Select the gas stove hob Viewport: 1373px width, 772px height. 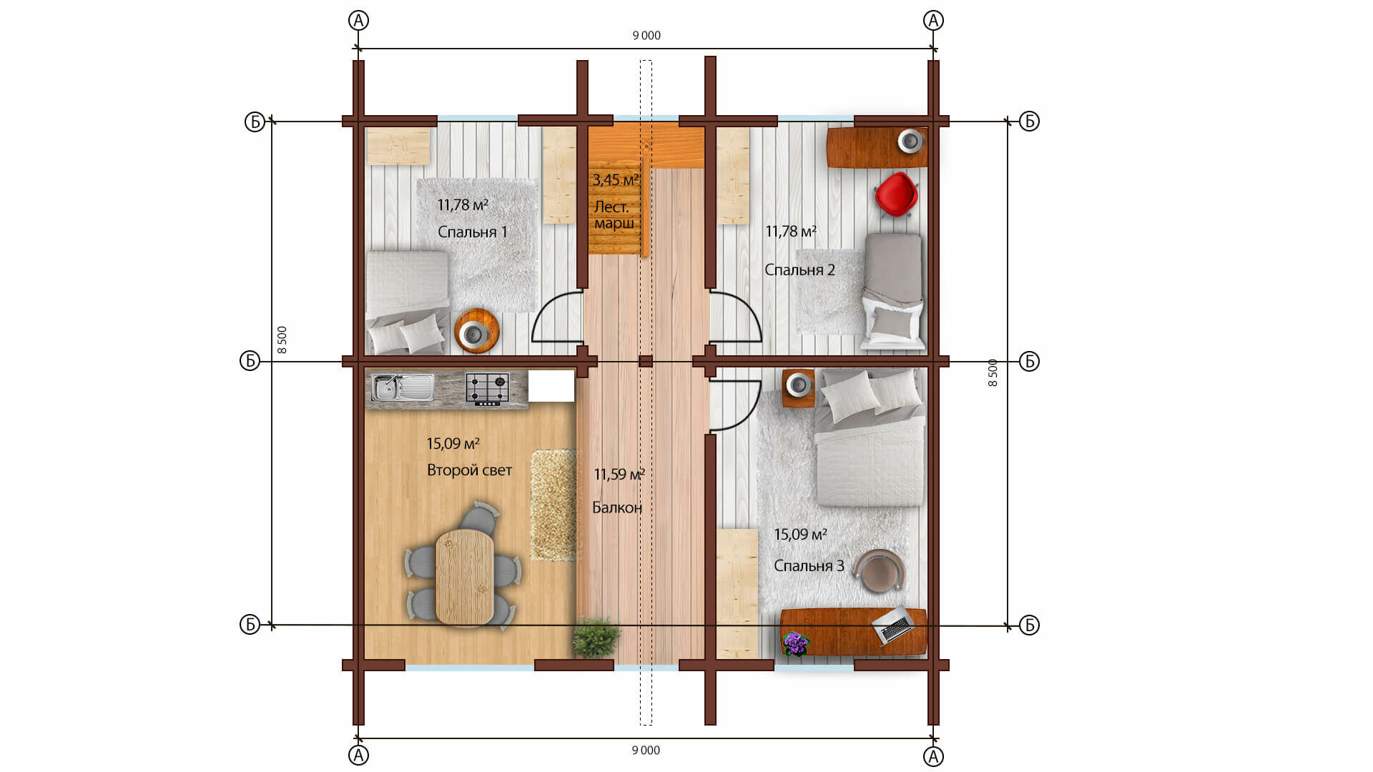[487, 390]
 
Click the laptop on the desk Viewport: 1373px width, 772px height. [892, 625]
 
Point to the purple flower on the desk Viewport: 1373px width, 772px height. [794, 643]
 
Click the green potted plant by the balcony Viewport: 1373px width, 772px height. [595, 638]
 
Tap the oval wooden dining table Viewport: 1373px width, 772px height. [464, 577]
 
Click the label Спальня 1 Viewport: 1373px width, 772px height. [473, 232]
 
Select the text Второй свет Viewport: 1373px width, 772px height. [469, 470]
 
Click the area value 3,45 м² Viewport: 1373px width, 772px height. [615, 180]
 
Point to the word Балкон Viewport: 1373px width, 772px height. [617, 508]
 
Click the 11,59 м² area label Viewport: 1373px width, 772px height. [619, 475]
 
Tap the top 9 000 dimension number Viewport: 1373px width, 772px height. [646, 36]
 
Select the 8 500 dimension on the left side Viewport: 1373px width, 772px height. [282, 340]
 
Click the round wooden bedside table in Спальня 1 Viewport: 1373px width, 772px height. [476, 330]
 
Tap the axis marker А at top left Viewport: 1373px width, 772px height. [358, 21]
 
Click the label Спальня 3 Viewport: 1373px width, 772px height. [809, 566]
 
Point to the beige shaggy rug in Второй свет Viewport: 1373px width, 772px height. [553, 505]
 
